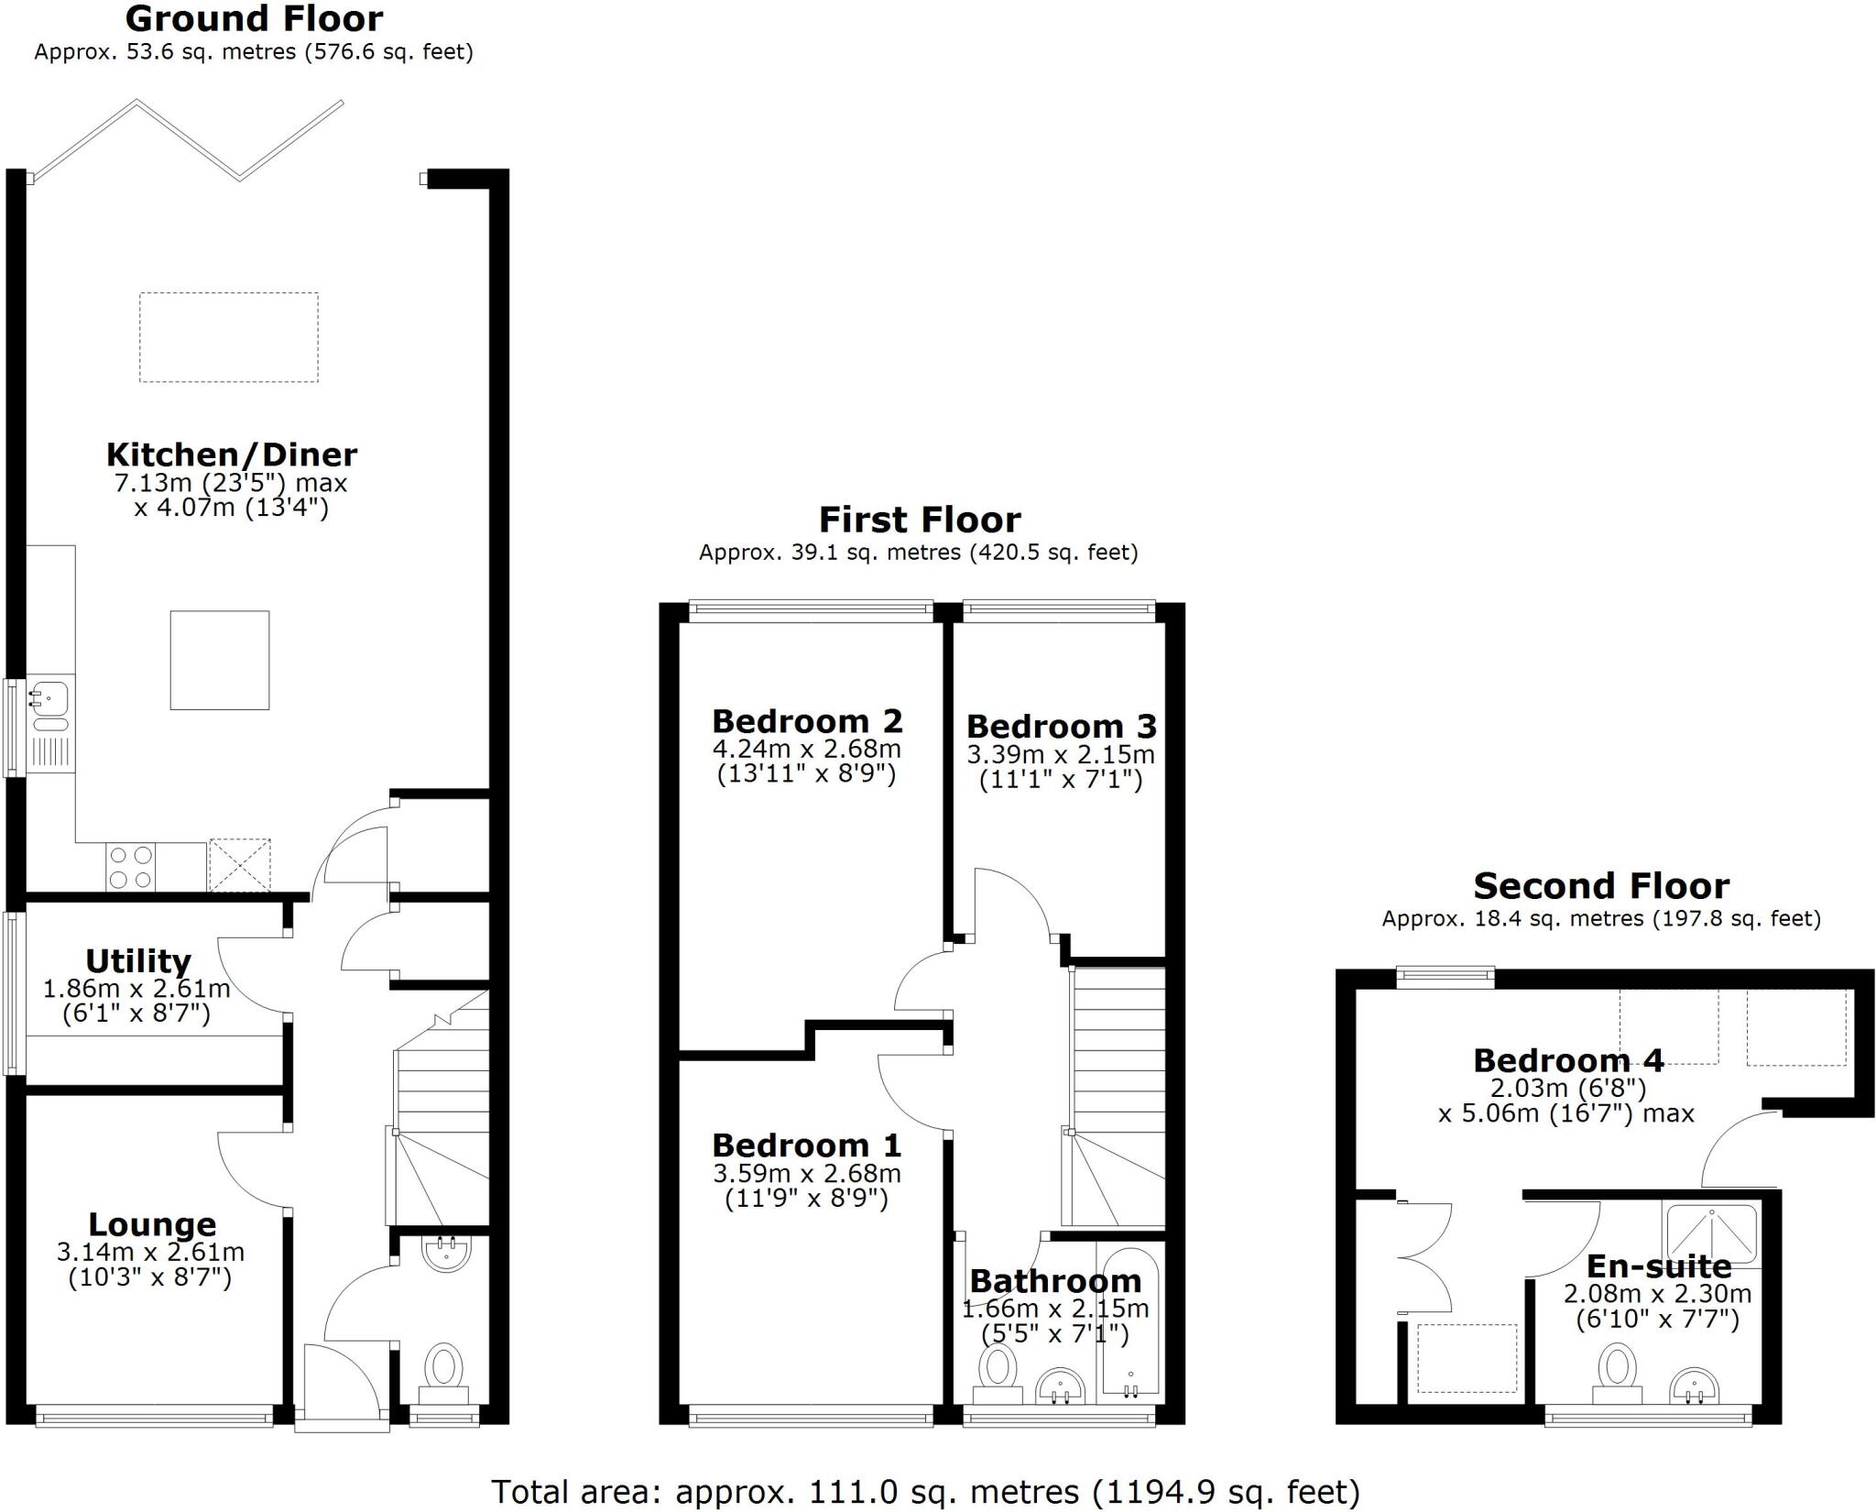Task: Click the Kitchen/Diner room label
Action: click(231, 455)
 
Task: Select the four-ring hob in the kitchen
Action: click(131, 867)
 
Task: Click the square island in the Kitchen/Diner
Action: click(220, 660)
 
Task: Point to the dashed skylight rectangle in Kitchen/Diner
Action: click(229, 337)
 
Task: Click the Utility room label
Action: click(138, 961)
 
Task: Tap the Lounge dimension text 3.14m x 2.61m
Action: click(150, 1252)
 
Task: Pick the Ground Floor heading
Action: click(254, 18)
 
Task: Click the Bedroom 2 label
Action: click(807, 721)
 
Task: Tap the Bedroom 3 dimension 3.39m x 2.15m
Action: click(1061, 755)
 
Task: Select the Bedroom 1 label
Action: click(806, 1145)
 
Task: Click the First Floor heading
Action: click(919, 520)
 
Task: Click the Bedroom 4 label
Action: click(1567, 1060)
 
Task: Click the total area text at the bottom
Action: click(925, 1492)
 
